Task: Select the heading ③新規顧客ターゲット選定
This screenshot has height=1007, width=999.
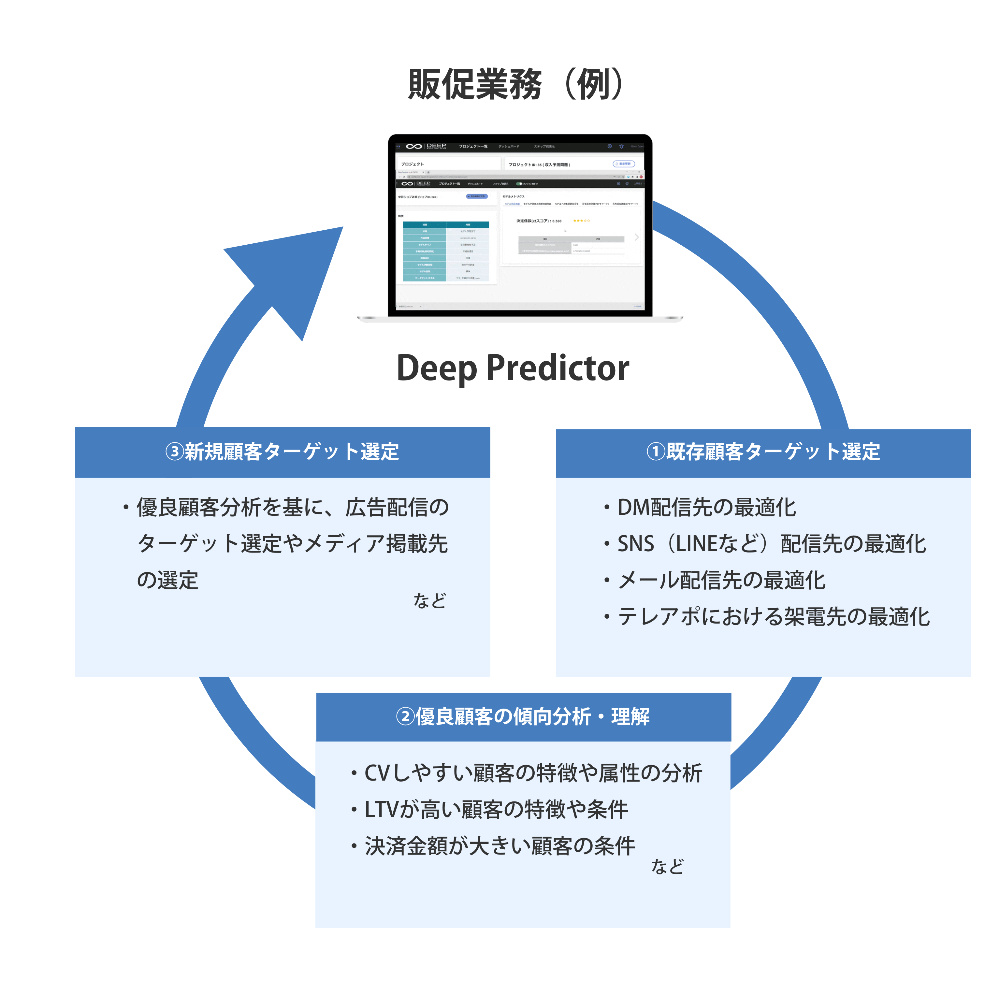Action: [282, 452]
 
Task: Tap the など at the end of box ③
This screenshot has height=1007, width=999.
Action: [430, 600]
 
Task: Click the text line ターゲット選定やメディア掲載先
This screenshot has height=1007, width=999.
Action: [292, 544]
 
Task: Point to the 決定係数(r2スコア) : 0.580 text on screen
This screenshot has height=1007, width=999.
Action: [539, 221]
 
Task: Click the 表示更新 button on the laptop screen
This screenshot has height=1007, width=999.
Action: [624, 164]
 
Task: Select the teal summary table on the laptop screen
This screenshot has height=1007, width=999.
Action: [446, 251]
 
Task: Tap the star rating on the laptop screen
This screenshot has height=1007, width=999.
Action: [581, 221]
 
